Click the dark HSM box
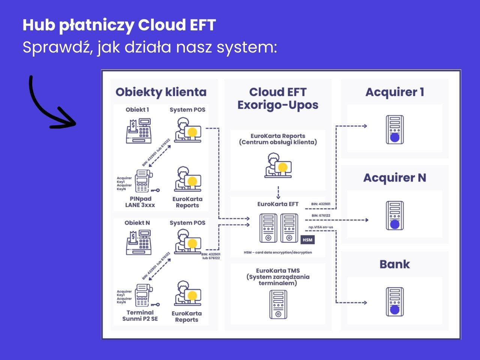(x=307, y=240)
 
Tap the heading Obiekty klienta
(x=161, y=92)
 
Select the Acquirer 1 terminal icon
(x=395, y=130)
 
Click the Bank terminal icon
(x=395, y=302)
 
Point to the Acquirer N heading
(x=394, y=178)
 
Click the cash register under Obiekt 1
(x=139, y=131)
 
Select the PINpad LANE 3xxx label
(x=140, y=202)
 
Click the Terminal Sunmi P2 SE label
(x=140, y=315)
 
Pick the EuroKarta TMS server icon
(x=278, y=304)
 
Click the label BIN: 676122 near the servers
(x=321, y=216)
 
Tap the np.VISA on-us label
(x=321, y=227)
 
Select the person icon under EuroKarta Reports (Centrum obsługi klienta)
(x=278, y=165)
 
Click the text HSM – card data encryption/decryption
(x=278, y=252)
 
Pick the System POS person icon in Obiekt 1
(x=187, y=130)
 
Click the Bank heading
(x=394, y=264)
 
